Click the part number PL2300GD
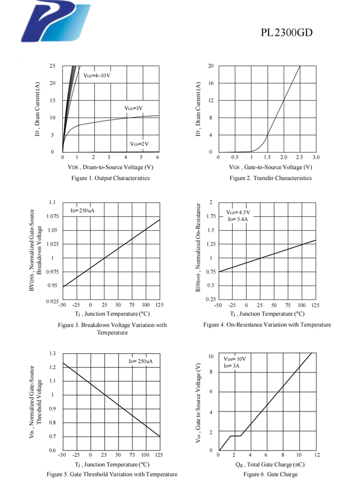coord(287,33)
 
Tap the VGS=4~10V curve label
coord(97,76)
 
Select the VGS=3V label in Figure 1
coord(134,108)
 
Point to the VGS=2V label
coord(139,144)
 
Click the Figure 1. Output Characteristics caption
coord(110,178)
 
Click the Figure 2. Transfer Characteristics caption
coord(270,178)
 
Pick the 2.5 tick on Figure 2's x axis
coord(300,157)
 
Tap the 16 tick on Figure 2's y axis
coord(210,83)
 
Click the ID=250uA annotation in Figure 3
coord(79,210)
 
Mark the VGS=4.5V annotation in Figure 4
coord(238,212)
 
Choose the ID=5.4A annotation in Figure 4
coord(238,219)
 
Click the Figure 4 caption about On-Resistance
coord(267,325)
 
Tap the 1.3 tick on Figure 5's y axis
coord(53,353)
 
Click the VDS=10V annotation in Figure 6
coord(235,359)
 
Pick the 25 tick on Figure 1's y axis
coord(52,66)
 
